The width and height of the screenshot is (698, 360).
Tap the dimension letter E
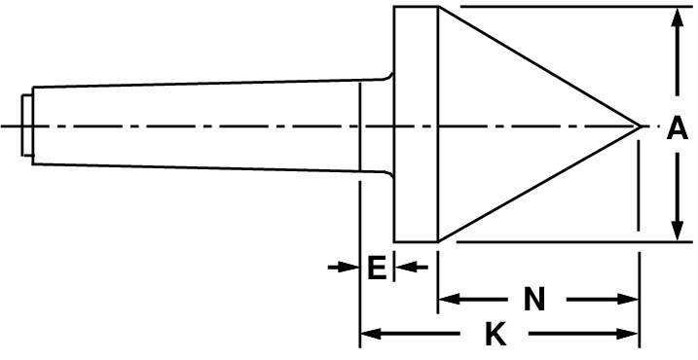377,268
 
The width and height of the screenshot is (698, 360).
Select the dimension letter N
534,299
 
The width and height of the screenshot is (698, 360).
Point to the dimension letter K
496,334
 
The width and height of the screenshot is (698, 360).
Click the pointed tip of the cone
641,126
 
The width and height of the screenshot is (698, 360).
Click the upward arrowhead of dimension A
678,18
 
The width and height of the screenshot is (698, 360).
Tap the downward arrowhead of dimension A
678,230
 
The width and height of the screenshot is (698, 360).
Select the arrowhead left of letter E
349,267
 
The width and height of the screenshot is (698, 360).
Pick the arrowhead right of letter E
406,267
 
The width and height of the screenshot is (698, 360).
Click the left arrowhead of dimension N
450,299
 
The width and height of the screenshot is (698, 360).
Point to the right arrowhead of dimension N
628,299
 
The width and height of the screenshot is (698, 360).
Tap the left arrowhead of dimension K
371,334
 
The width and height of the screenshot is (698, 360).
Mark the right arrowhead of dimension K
628,334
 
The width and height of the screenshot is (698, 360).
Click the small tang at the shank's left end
26,126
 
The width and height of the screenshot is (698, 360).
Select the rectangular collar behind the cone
417,125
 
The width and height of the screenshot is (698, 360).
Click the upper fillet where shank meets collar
388,77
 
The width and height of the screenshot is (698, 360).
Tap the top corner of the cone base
439,6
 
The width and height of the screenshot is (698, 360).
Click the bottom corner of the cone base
439,241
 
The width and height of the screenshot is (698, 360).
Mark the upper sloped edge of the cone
539,66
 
